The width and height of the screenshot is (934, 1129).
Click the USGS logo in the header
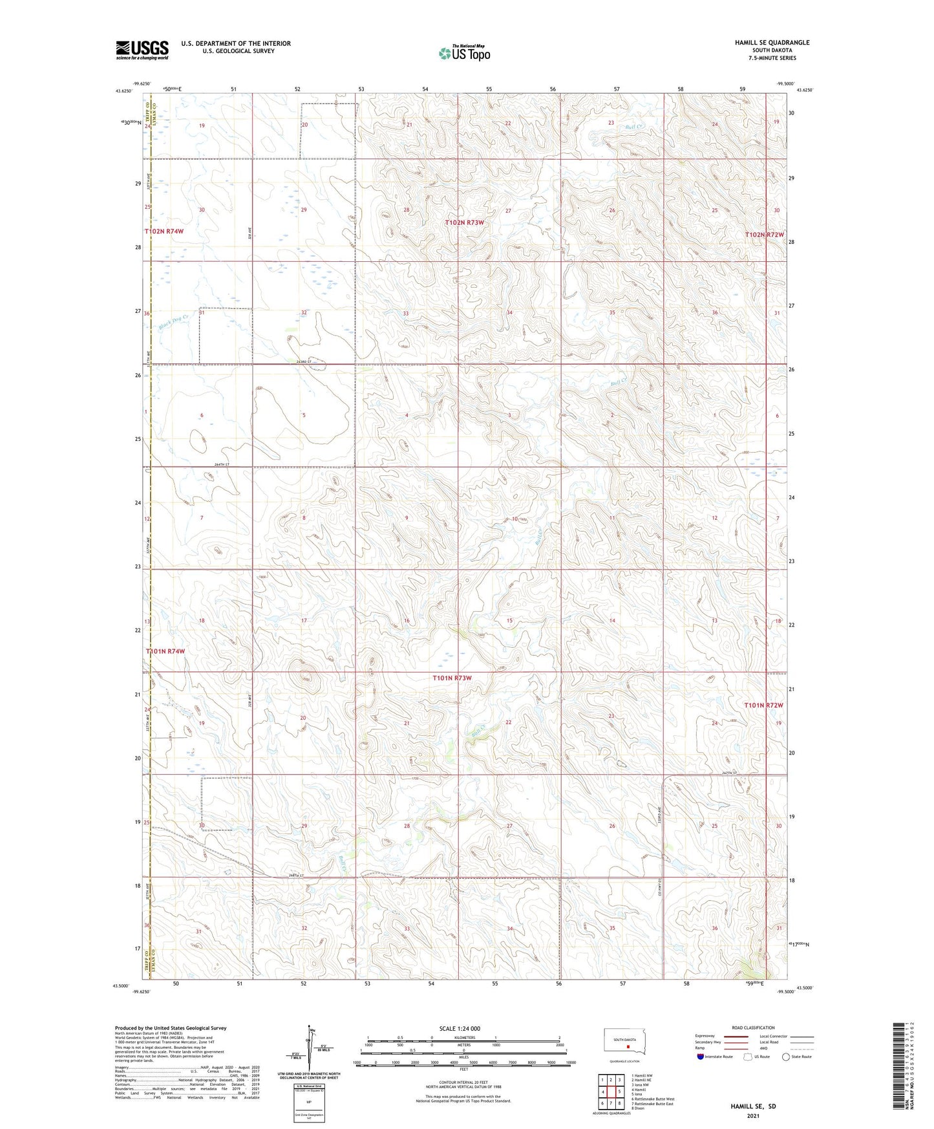(x=142, y=50)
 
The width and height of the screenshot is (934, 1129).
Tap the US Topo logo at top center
(x=463, y=53)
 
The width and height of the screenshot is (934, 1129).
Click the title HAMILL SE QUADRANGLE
(x=772, y=43)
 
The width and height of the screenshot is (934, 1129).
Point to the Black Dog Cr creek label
(x=173, y=321)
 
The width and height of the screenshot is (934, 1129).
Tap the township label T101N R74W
(x=165, y=651)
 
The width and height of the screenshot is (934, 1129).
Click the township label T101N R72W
(x=763, y=705)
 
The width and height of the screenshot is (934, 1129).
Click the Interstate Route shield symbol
(x=700, y=1057)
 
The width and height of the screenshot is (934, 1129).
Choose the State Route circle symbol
(x=786, y=1057)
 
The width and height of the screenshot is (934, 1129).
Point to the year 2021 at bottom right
(x=752, y=1115)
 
